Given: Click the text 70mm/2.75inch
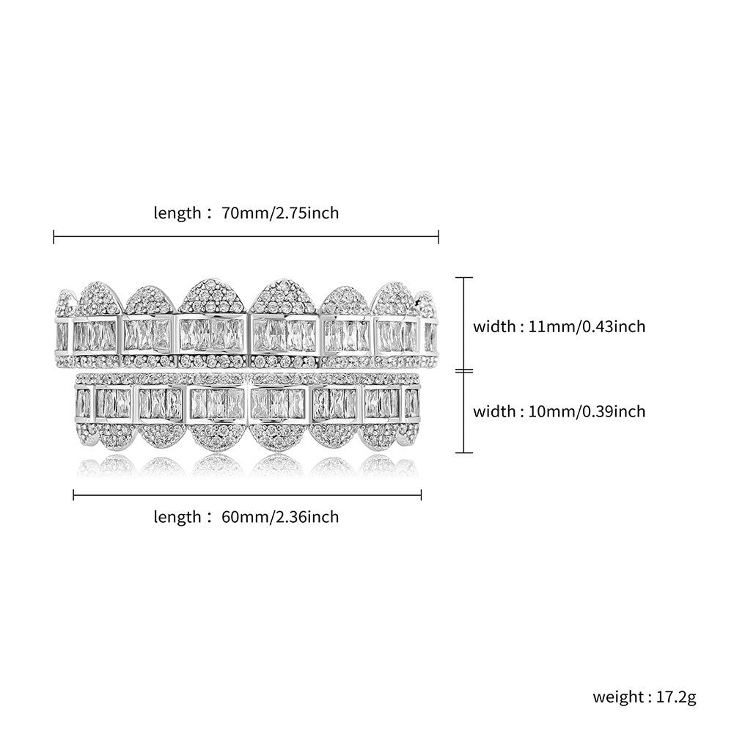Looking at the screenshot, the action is [280, 213].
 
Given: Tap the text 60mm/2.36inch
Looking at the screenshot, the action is [280, 517].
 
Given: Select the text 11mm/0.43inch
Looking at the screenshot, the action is [587, 326].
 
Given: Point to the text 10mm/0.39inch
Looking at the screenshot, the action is [587, 411].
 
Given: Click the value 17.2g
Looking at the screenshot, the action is [676, 697].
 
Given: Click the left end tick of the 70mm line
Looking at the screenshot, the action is [54, 237].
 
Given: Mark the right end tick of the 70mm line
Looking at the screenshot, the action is [438, 237].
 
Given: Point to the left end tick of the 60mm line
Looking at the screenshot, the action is [73, 494].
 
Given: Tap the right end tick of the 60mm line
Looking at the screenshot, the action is [422, 494].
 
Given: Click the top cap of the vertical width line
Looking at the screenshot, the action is [464, 278].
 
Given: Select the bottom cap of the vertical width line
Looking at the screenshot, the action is [464, 452].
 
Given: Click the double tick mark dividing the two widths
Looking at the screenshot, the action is [464, 371].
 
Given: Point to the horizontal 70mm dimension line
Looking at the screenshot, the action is [246, 237].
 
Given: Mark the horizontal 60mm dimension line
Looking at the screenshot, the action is [247, 494].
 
